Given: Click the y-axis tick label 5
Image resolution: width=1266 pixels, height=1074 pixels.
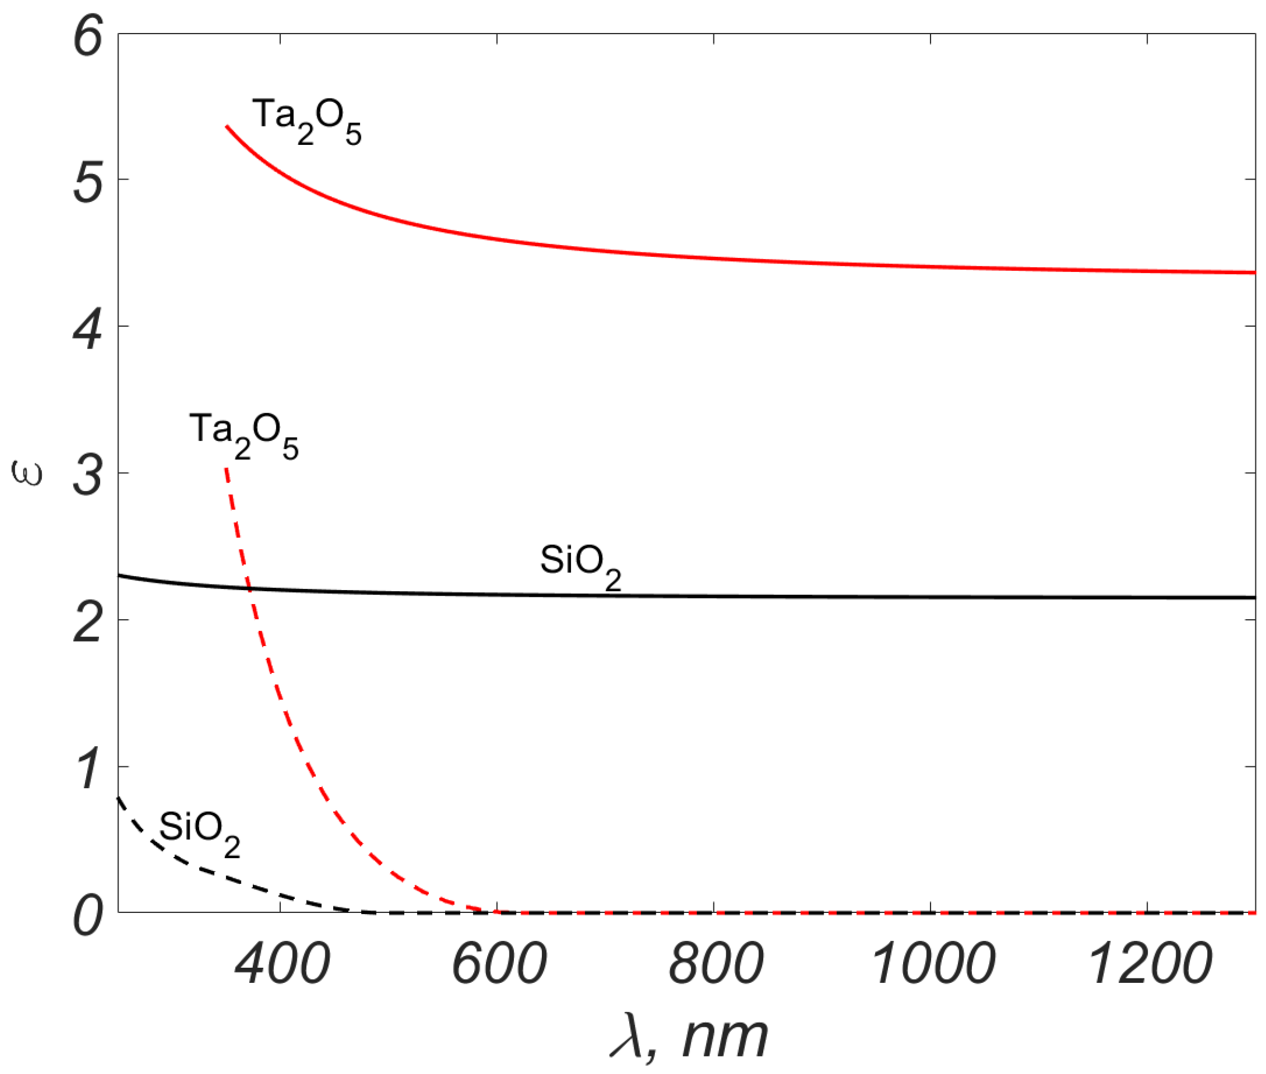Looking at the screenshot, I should pos(88,183).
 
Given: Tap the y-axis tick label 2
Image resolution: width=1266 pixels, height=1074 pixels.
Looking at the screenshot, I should pos(88,624).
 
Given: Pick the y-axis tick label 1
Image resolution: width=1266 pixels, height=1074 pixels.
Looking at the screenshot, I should pos(88,770).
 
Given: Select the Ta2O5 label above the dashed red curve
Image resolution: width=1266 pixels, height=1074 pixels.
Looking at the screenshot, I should pos(244,435).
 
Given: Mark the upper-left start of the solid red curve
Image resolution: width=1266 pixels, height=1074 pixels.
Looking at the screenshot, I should pos(227,126).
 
